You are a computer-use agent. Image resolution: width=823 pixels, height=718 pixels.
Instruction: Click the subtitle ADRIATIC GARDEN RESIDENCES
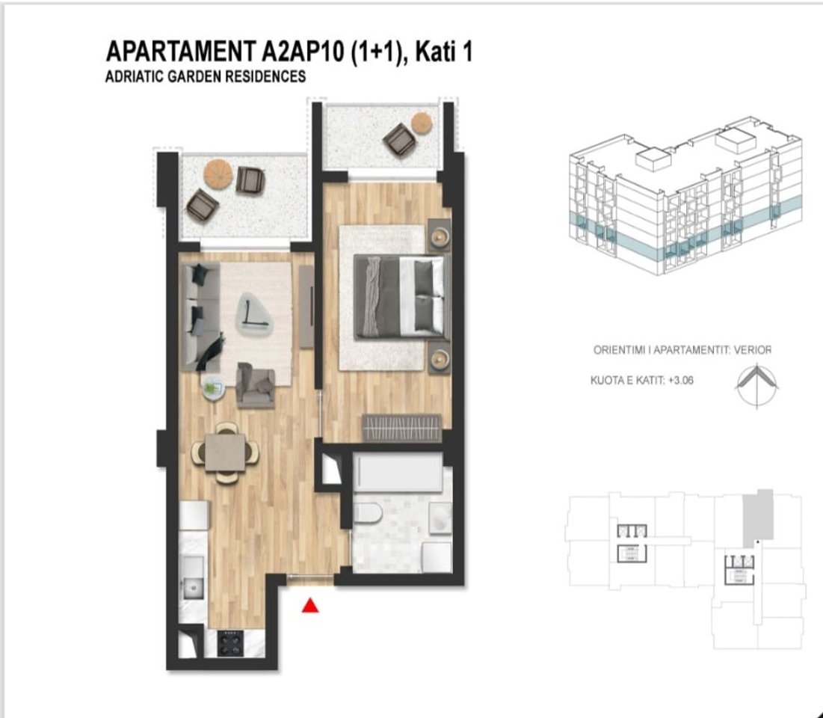click(206, 76)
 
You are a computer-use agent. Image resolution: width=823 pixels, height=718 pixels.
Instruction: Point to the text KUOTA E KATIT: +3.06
click(641, 380)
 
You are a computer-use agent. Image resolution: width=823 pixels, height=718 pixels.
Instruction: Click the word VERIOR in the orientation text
click(753, 349)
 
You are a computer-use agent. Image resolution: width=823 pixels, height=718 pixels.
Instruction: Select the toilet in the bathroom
click(368, 515)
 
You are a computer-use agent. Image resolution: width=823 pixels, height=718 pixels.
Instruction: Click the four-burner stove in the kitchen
click(229, 642)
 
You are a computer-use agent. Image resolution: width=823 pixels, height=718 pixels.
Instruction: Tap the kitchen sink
click(194, 586)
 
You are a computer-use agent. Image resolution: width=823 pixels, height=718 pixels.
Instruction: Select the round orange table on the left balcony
click(218, 172)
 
